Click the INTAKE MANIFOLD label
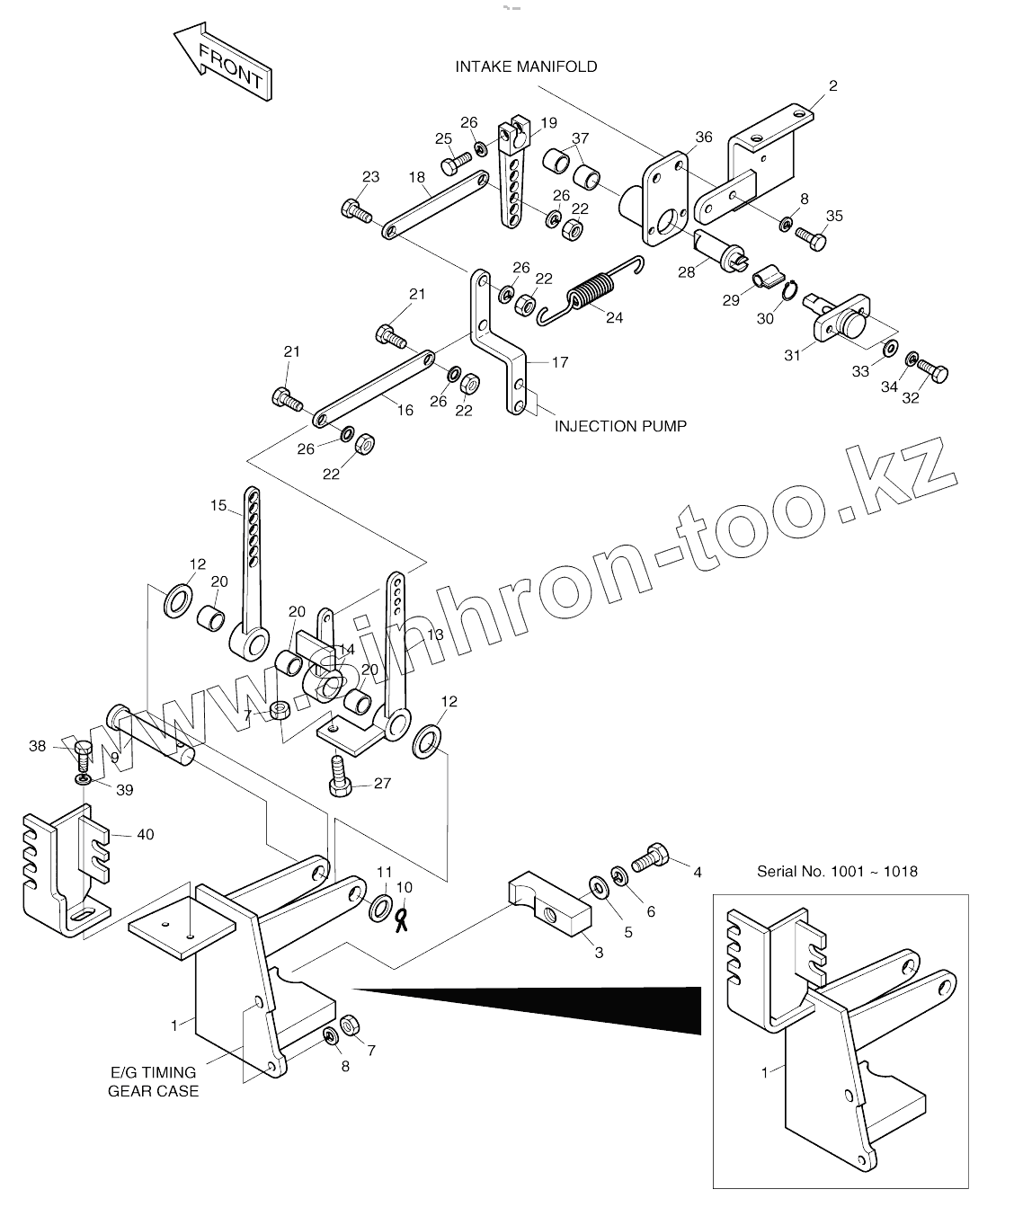point(526,67)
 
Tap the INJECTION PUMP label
point(619,425)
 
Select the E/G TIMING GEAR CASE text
point(153,1081)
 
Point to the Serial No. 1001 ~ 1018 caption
point(836,871)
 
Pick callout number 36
point(703,137)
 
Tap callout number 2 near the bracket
point(832,86)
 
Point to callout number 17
point(559,362)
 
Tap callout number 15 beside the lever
point(219,505)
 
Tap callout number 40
point(145,834)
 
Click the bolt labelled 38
point(81,751)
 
